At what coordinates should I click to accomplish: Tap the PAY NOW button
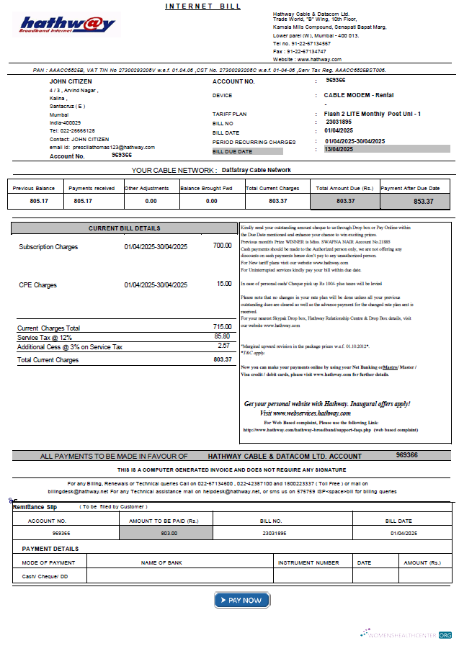(241, 600)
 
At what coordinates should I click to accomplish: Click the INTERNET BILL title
(203, 6)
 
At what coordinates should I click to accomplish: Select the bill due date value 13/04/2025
(339, 149)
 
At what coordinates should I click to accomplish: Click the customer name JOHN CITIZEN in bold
(70, 81)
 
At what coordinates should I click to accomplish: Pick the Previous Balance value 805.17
(39, 201)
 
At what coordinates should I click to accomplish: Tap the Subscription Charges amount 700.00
(222, 246)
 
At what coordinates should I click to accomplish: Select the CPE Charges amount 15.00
(224, 284)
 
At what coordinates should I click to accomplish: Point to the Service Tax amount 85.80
(222, 336)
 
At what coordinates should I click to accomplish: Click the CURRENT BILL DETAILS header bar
(124, 228)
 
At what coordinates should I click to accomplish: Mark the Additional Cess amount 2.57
(223, 346)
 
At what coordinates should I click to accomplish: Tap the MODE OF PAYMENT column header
(48, 562)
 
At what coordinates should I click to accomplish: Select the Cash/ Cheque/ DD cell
(45, 576)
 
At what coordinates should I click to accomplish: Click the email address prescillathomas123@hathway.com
(112, 147)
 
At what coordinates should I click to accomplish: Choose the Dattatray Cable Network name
(257, 170)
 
